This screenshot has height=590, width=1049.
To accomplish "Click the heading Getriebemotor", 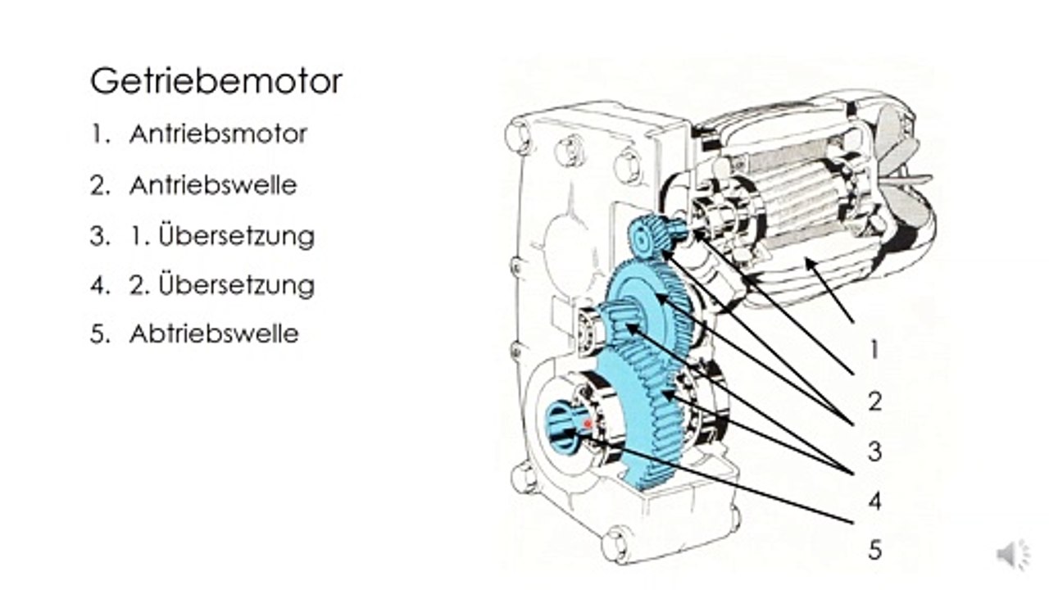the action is point(216,82).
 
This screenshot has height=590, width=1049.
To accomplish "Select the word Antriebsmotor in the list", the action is point(218,134).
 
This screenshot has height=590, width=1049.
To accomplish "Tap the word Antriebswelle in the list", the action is point(213,185).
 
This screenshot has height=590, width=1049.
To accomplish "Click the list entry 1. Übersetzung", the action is point(222,234).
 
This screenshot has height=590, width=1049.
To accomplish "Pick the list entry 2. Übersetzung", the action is point(222,284).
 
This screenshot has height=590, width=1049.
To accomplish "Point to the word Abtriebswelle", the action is point(214,334).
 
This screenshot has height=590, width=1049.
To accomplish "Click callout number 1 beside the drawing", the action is point(874,350).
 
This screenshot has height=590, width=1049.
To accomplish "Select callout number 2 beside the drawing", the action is point(874,402).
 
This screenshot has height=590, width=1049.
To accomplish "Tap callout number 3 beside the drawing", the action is point(874,452).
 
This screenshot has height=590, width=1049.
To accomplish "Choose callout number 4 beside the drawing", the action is point(874,501).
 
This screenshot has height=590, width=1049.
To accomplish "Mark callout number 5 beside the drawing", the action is point(874,550).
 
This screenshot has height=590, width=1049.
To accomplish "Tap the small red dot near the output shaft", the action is point(588,424).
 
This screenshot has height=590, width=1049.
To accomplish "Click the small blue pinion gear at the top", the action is point(654,237).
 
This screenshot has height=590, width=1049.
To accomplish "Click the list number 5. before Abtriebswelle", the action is point(100,334).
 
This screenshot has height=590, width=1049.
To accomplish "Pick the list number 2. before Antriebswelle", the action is point(100,185).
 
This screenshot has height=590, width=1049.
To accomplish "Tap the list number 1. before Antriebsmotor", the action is point(100,134).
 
